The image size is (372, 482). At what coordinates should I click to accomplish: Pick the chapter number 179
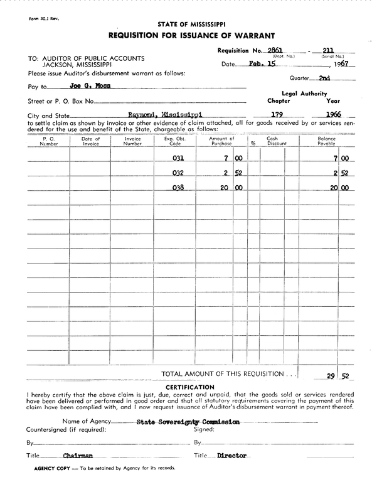click(x=278, y=115)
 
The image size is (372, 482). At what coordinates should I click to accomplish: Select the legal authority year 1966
click(x=333, y=115)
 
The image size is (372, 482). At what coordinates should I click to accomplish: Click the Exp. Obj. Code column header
click(x=173, y=141)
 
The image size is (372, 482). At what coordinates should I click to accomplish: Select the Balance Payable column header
click(x=326, y=141)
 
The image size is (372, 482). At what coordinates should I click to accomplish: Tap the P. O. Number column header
click(x=49, y=141)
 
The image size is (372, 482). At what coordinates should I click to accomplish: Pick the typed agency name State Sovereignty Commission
click(x=188, y=422)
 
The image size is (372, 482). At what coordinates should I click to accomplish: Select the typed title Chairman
click(x=78, y=456)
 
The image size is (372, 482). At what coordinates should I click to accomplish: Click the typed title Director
click(x=231, y=456)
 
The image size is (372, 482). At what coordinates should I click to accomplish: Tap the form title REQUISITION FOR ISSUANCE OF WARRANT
click(x=191, y=35)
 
